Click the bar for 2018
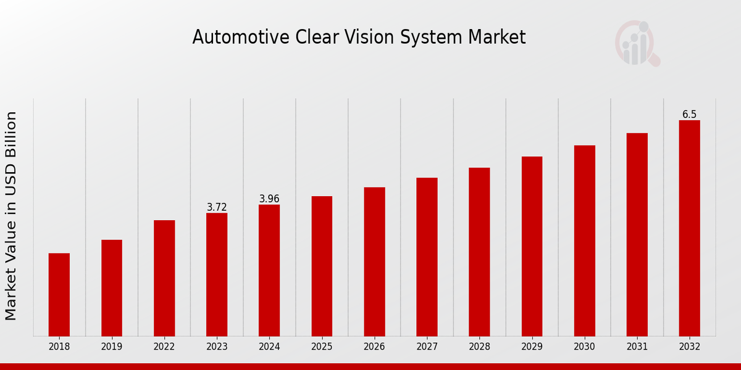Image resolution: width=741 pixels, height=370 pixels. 59,295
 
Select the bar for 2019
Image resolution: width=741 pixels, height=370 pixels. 112,288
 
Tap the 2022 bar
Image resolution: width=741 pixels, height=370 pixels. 164,278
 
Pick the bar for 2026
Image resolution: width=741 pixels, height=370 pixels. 374,261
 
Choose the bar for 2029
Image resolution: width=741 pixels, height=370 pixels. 532,246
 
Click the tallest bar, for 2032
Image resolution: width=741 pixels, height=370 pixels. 689,228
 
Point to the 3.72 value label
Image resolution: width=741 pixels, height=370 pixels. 217,207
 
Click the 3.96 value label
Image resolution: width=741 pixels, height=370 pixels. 269,199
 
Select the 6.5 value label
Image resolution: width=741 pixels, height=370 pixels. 689,115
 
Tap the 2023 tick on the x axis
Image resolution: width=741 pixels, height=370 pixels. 217,347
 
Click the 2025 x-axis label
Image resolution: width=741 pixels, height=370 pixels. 322,347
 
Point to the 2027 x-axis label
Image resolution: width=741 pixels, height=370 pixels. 427,347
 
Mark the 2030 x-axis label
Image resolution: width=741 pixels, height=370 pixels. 584,347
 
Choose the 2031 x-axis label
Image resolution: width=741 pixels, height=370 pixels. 637,347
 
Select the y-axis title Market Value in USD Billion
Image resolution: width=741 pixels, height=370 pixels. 11,216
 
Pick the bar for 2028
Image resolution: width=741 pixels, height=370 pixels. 479,252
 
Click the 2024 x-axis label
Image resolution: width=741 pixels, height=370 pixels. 269,347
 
